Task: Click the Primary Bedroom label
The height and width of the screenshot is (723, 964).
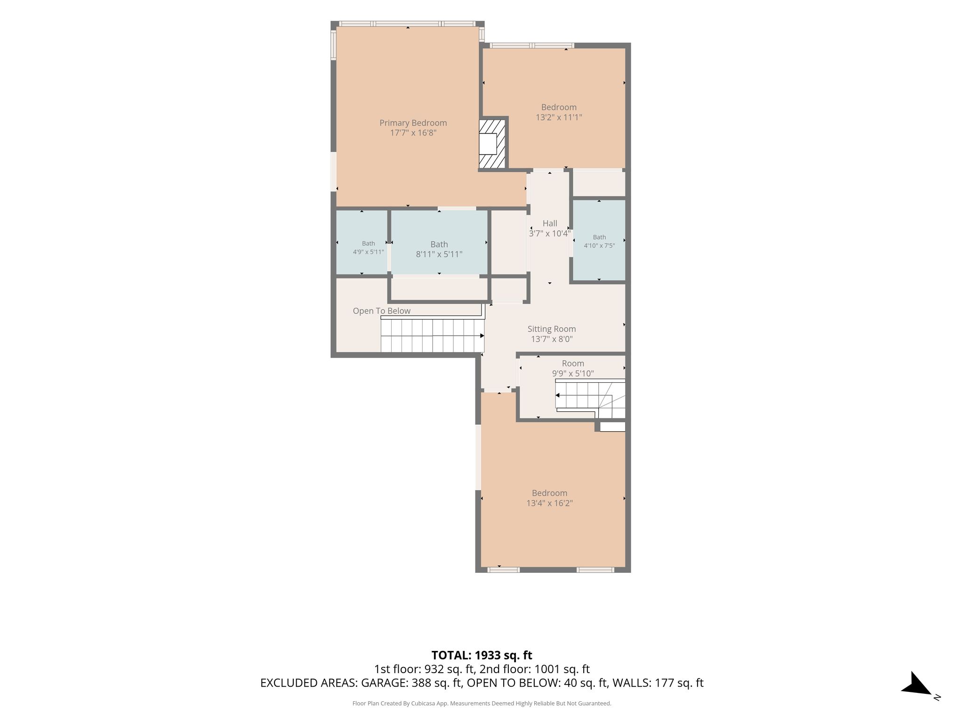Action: [413, 123]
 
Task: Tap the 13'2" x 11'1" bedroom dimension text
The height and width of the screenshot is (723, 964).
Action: [559, 117]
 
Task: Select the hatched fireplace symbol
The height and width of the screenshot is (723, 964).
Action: [492, 144]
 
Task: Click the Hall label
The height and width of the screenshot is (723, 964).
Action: [550, 224]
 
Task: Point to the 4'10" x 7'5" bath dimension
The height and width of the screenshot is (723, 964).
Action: [599, 245]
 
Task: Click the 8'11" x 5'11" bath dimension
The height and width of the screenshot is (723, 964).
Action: [439, 254]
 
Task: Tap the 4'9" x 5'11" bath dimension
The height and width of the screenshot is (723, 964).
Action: [369, 252]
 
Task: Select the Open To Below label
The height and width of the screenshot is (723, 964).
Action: [382, 311]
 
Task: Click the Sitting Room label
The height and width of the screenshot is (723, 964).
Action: [552, 329]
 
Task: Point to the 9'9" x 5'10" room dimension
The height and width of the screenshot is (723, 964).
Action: [573, 374]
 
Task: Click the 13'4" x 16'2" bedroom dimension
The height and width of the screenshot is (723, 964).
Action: [549, 503]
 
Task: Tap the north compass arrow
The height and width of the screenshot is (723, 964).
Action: [916, 683]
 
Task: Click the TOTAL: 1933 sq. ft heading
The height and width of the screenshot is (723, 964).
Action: [482, 655]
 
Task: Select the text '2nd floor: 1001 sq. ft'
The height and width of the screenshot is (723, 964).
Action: [535, 669]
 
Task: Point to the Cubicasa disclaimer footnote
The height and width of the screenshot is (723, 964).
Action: [482, 703]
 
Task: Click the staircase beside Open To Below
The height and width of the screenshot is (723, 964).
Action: [433, 336]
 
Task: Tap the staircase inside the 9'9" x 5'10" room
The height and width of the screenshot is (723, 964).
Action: [591, 399]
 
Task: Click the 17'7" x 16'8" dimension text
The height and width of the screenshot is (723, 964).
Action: [413, 133]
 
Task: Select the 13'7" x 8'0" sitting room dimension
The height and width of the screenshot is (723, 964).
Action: [552, 339]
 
